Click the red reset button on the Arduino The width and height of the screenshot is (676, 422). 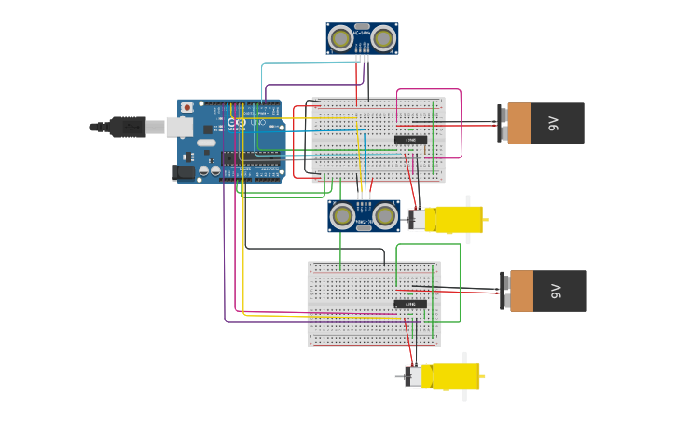[x=187, y=107]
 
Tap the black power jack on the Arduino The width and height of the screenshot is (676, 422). [x=184, y=172]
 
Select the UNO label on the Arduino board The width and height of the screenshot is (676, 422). [x=258, y=123]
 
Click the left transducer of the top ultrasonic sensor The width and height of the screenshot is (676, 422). [x=341, y=38]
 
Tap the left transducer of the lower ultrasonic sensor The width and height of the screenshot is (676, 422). [x=343, y=216]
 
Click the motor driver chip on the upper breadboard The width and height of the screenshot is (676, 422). [x=410, y=141]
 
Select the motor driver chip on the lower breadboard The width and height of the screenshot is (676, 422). [x=410, y=304]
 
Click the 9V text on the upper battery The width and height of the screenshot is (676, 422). [x=553, y=123]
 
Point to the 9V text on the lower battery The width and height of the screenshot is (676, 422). [x=556, y=291]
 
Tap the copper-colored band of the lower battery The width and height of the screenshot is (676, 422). [x=521, y=291]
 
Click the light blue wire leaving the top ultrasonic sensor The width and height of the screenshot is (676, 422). [x=308, y=64]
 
